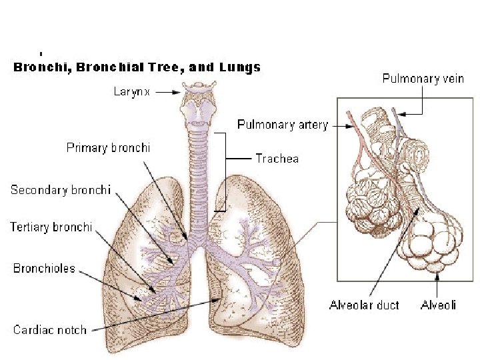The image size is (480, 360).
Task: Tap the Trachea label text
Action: (x=277, y=159)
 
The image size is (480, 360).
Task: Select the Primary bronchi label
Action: (x=108, y=147)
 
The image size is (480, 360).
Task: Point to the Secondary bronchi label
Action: (x=60, y=190)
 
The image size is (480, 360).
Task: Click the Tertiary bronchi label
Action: (x=51, y=227)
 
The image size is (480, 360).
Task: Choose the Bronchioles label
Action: (x=44, y=269)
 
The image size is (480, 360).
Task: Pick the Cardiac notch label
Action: (x=49, y=329)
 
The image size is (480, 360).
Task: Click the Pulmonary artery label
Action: (x=283, y=125)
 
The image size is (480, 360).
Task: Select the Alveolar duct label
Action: (x=364, y=305)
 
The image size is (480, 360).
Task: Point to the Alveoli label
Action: (x=438, y=305)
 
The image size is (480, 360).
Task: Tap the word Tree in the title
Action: (x=167, y=67)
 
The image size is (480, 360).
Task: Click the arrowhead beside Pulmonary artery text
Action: (x=344, y=125)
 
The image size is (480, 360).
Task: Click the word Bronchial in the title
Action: (x=110, y=67)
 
